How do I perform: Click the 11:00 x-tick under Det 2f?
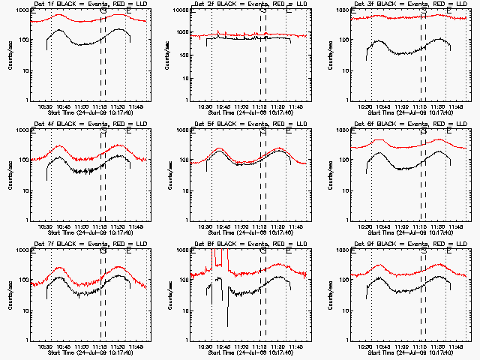click(241, 106)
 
